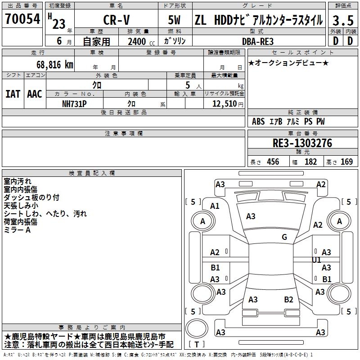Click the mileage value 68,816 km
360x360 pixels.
(52, 64)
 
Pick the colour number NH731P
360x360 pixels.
(74, 103)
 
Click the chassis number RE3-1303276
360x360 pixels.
(302, 143)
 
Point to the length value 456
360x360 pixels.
(273, 162)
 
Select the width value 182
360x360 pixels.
(310, 162)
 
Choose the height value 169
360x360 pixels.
(346, 162)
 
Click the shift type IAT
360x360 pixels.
(13, 94)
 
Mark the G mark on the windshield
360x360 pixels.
(284, 237)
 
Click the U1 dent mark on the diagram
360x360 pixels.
(316, 260)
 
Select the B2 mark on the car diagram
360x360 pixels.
(289, 299)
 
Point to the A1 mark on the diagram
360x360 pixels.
(215, 206)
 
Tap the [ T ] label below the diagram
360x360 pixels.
(196, 344)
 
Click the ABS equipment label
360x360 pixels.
(258, 121)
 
